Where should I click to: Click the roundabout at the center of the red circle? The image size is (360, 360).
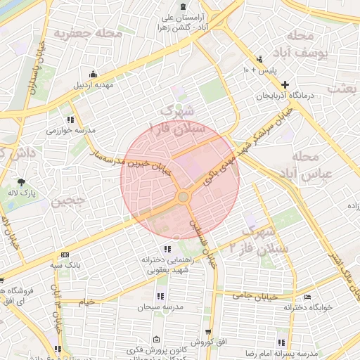coord(184,196)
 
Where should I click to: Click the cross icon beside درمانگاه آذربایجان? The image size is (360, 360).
coord(284,84)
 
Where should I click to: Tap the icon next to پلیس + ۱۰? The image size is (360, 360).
coord(261,59)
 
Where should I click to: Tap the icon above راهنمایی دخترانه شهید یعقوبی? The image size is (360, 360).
coord(167,249)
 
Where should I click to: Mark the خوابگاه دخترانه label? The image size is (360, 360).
coord(307,307)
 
